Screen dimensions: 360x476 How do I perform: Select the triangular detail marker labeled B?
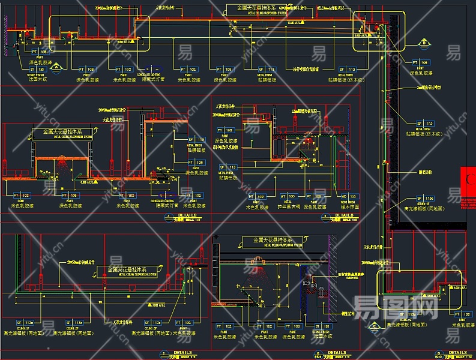[424, 43]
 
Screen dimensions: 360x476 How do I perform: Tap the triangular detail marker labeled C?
[374, 326]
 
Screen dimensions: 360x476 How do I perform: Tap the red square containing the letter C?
[470, 179]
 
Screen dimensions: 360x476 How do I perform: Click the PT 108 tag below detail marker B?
[420, 62]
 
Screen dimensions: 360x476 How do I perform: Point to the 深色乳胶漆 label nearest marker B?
[420, 73]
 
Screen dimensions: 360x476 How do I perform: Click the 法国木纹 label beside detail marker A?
[37, 79]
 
